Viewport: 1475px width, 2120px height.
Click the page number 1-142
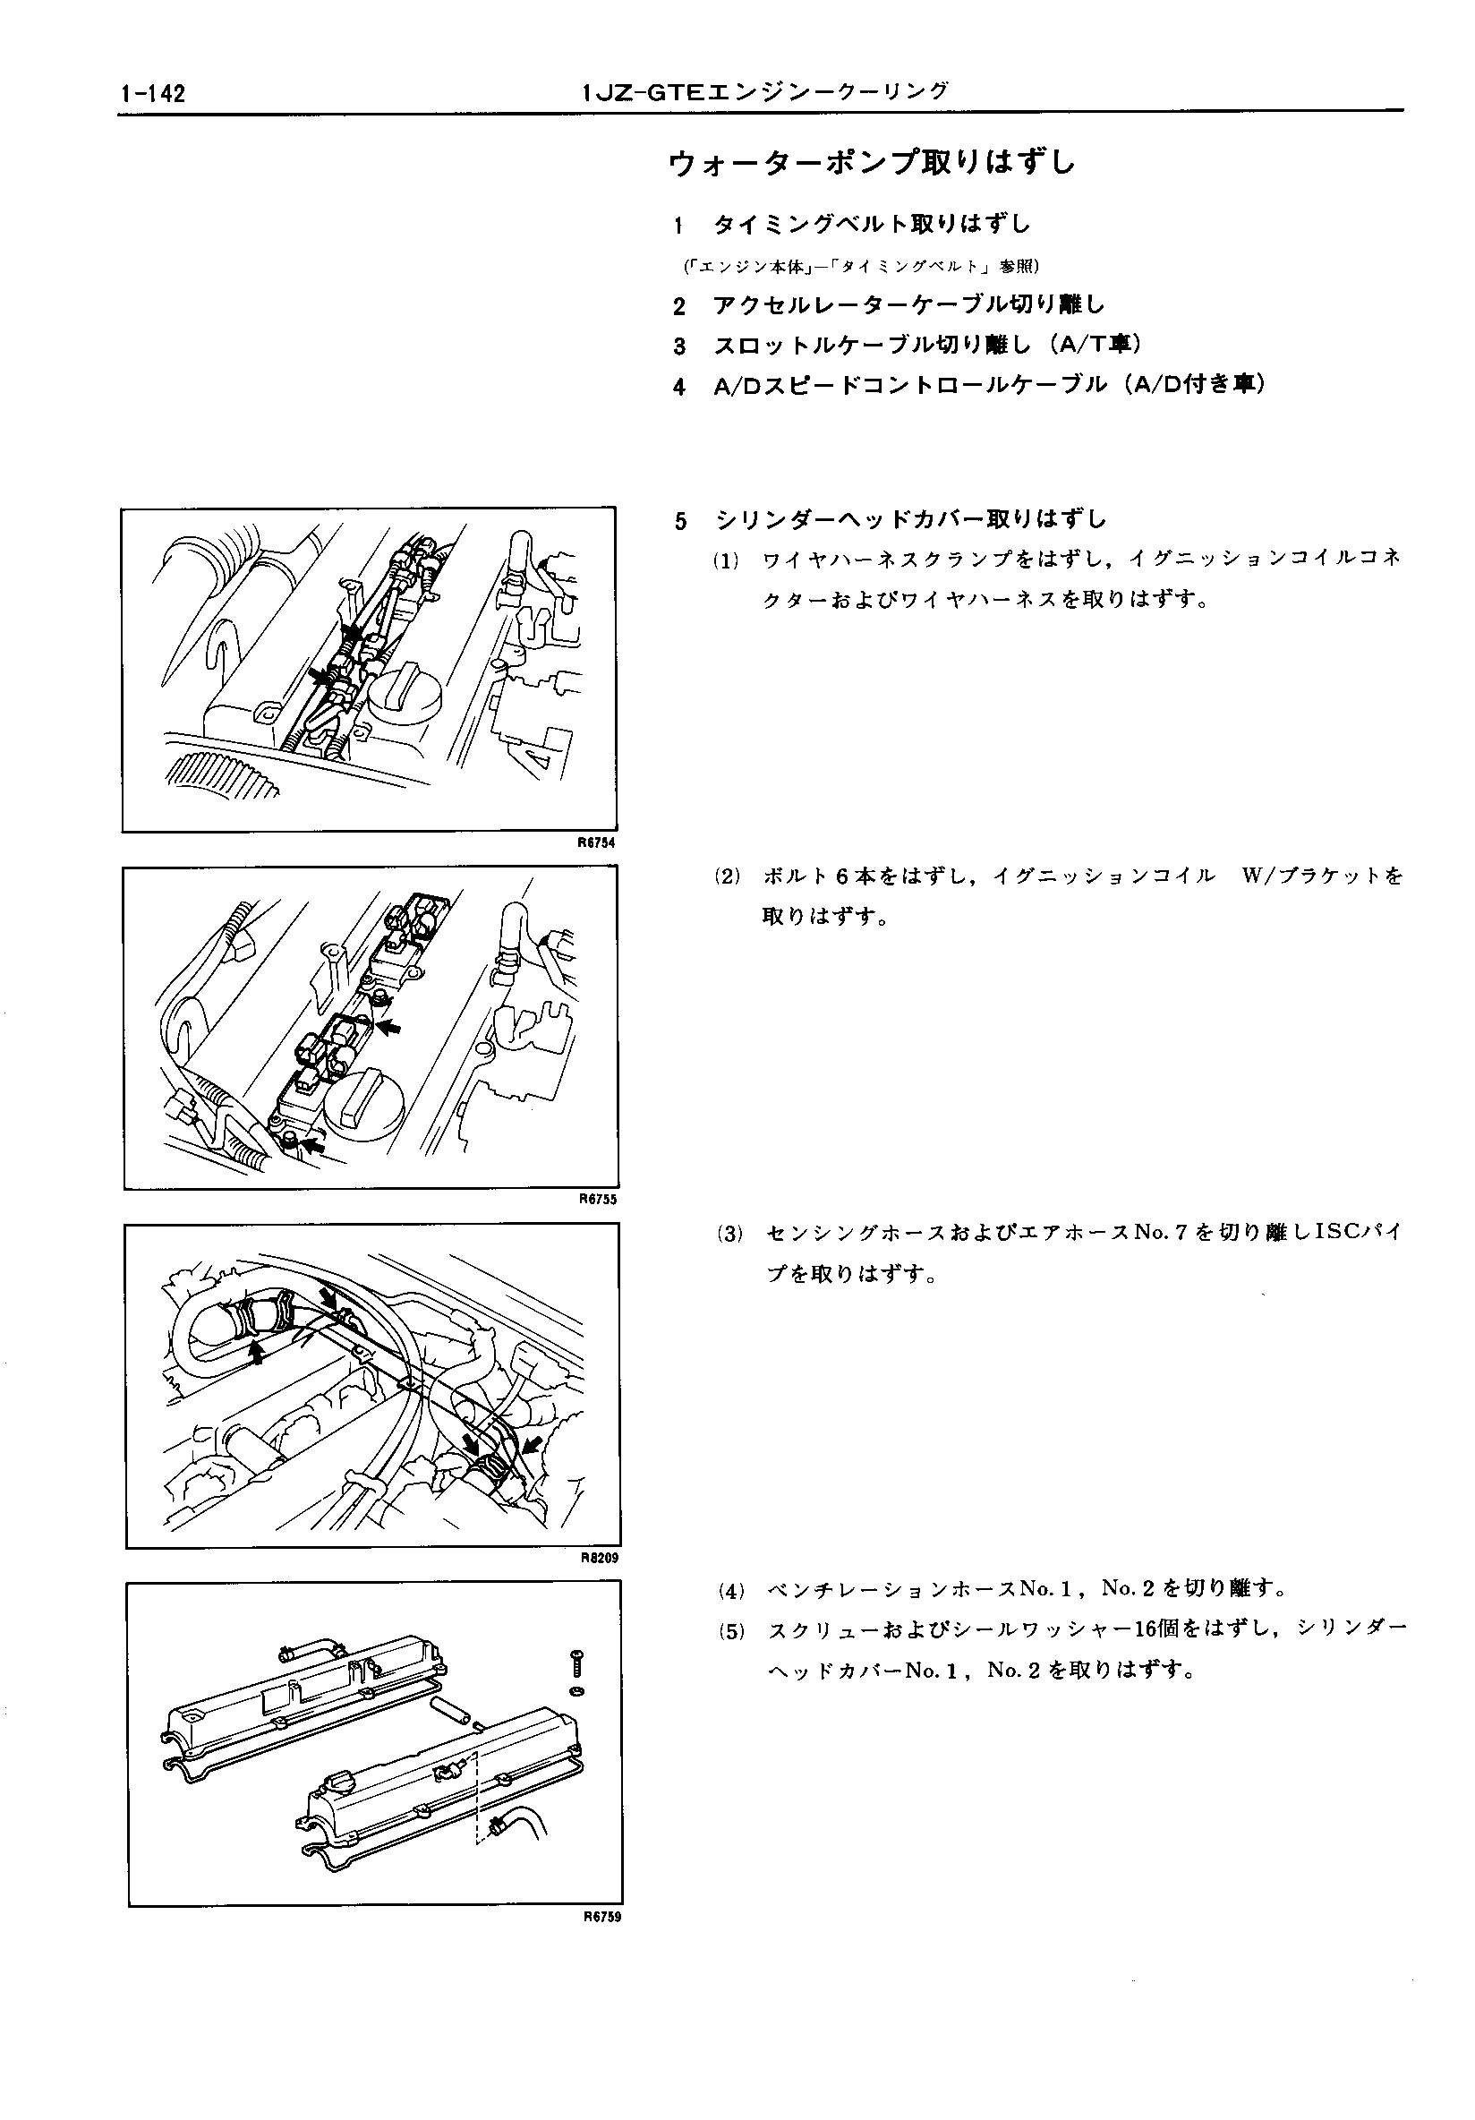point(152,94)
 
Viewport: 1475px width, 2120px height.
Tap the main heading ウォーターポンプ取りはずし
point(872,164)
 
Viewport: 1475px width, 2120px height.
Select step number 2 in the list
point(679,305)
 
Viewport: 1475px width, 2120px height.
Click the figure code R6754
point(597,843)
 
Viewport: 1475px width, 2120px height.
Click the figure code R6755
point(598,1200)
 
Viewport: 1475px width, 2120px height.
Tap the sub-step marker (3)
point(730,1234)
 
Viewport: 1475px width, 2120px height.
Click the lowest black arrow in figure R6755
point(314,1145)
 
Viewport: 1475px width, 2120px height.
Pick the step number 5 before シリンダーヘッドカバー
point(681,522)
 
